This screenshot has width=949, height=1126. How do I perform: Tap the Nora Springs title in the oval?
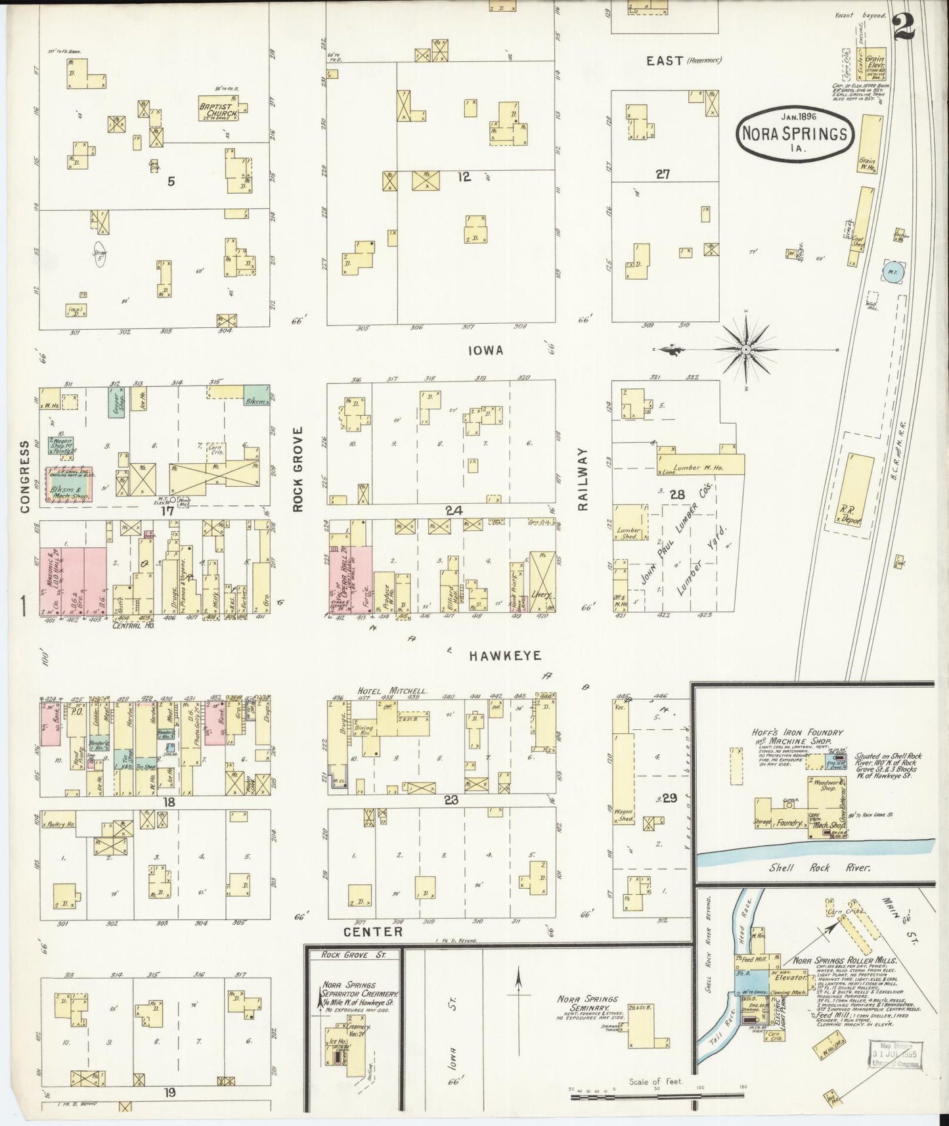click(795, 133)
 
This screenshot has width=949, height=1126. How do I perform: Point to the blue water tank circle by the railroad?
click(893, 272)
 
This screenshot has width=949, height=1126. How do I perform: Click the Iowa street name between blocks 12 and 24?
click(485, 351)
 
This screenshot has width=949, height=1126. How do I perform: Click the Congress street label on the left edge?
click(25, 476)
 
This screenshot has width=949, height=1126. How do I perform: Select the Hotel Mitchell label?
click(392, 691)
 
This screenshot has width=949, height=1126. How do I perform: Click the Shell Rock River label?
click(820, 867)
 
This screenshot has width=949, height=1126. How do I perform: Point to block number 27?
click(662, 174)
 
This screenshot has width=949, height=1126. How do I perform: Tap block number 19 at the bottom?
click(170, 1092)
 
